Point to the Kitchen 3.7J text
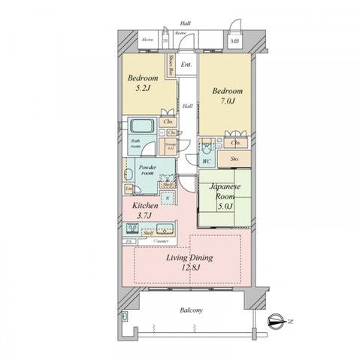coord(146,210)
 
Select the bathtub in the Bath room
coord(141,126)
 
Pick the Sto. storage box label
coord(235,159)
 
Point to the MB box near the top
coord(234,41)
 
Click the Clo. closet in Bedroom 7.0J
coord(235,142)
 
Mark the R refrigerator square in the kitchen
coord(167,197)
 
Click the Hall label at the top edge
coord(185,23)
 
